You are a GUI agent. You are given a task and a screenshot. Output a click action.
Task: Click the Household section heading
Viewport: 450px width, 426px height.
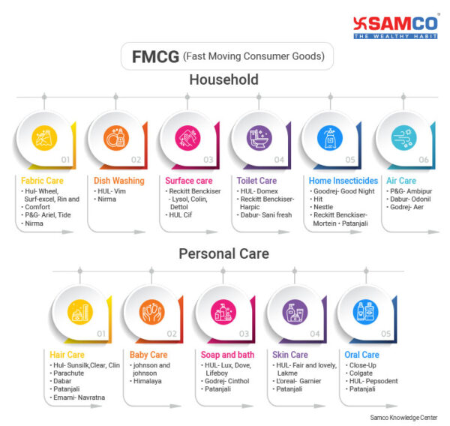point(223,79)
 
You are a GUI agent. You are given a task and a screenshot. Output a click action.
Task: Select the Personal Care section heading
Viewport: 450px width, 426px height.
point(223,253)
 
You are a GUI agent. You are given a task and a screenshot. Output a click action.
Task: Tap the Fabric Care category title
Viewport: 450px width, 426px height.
point(41,181)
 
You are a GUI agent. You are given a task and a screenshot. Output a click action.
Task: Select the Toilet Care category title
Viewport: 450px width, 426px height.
point(257,181)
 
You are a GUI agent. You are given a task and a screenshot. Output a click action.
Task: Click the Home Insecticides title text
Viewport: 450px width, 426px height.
point(343,181)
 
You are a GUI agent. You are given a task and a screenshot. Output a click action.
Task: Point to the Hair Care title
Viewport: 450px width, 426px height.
point(67,355)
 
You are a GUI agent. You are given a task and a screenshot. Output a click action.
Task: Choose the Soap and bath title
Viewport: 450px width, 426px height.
point(226,355)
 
